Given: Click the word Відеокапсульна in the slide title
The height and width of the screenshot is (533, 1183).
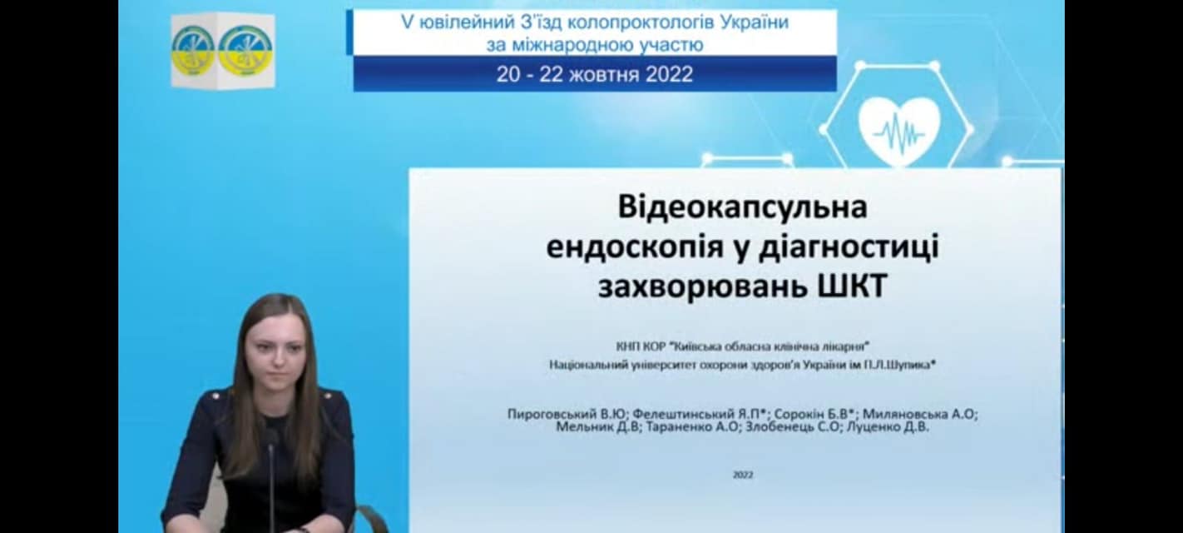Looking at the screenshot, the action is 742,207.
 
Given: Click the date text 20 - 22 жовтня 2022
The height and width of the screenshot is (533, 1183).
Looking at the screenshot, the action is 595,74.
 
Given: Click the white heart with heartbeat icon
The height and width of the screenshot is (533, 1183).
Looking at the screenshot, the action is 899,127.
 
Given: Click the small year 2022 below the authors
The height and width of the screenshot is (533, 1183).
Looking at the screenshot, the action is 743,475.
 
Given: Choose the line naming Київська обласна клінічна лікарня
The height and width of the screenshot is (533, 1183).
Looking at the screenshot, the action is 743,346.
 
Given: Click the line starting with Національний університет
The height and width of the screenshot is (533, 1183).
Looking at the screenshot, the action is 743,364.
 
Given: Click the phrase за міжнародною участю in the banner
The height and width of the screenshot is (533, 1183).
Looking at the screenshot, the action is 595,44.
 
